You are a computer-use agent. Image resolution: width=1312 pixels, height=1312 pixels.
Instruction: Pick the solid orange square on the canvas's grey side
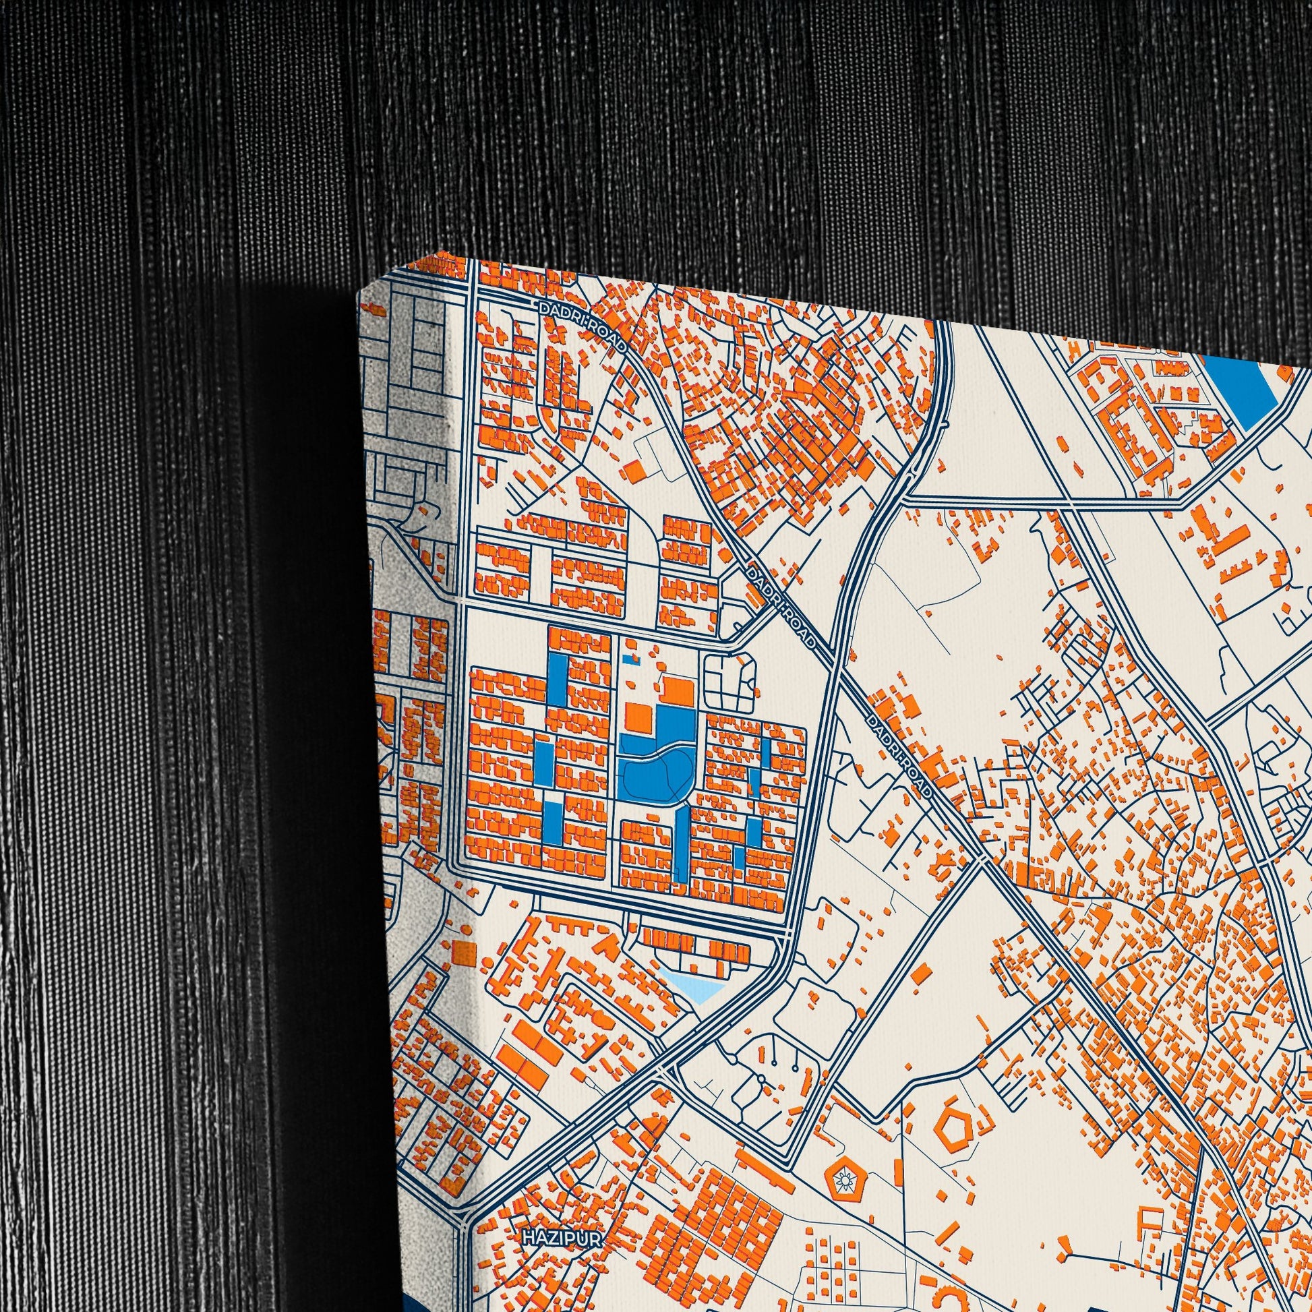click(x=463, y=951)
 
